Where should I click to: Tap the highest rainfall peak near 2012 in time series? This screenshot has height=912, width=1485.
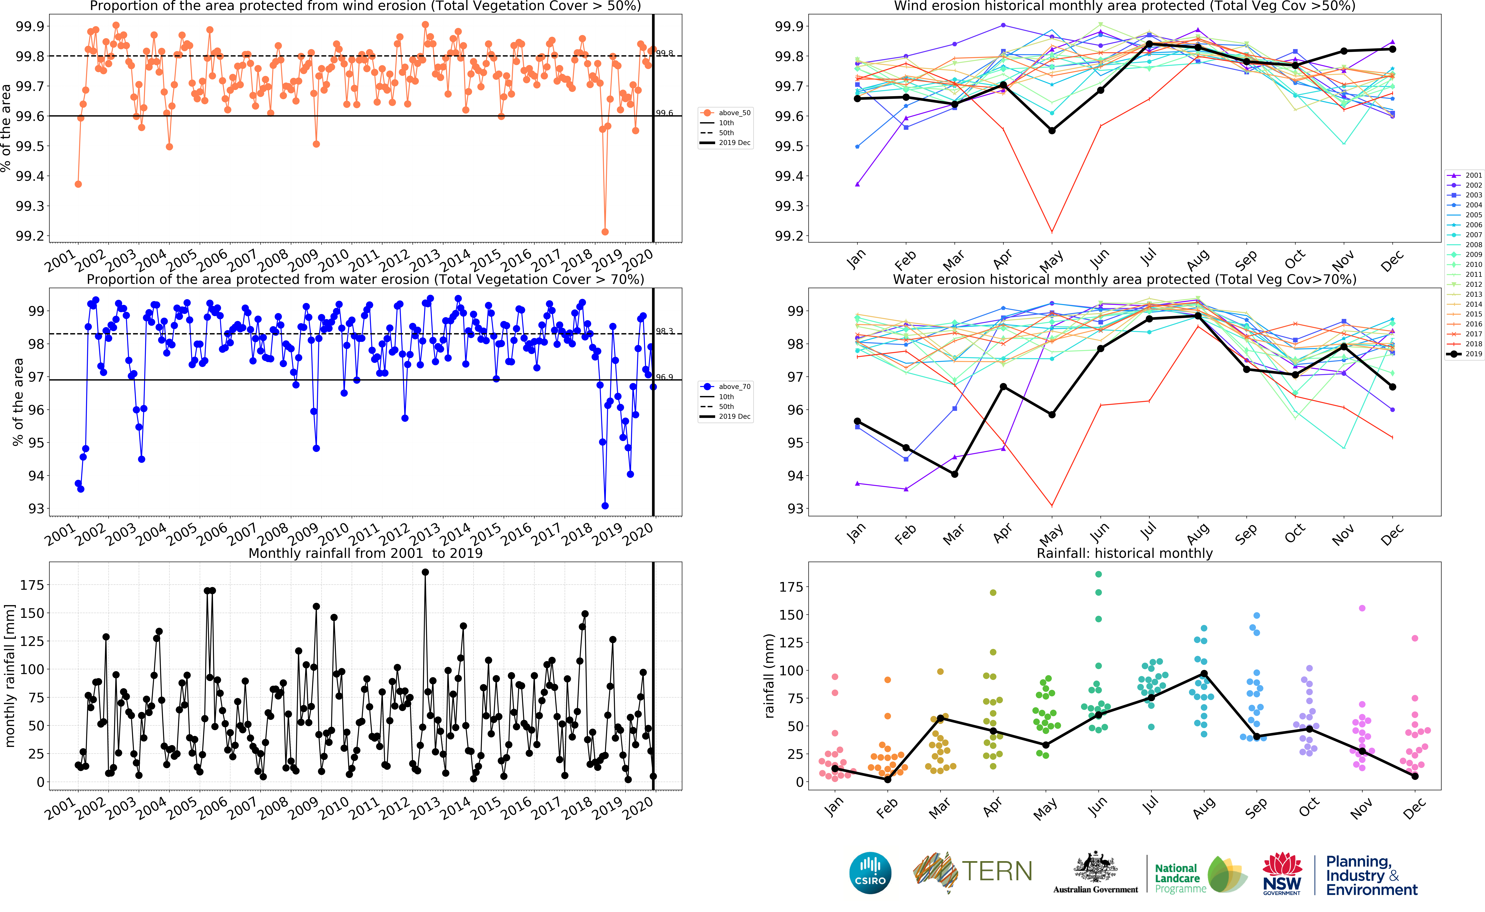click(x=425, y=572)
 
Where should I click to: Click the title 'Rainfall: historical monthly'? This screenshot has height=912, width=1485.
click(x=1124, y=553)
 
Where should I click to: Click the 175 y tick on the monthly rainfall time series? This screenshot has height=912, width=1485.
click(x=32, y=585)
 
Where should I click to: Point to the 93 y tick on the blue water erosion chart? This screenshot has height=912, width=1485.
click(x=36, y=508)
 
